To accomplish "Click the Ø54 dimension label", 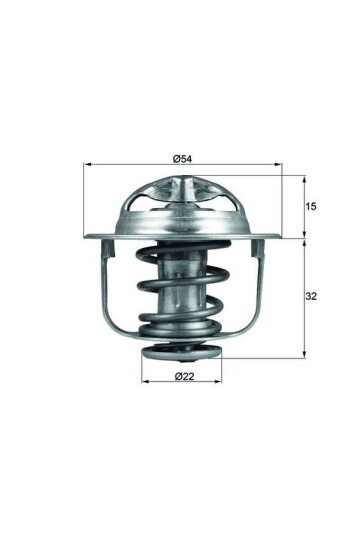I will pos(183,158).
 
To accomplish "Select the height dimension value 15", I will pos(313,206).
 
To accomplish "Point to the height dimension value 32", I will pos(313,297).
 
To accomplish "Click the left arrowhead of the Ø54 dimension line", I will pos(88,165).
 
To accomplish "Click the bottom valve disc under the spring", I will pos(183,352).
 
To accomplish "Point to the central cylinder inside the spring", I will pos(182,290).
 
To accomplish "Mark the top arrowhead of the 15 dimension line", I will pos(303,176).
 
